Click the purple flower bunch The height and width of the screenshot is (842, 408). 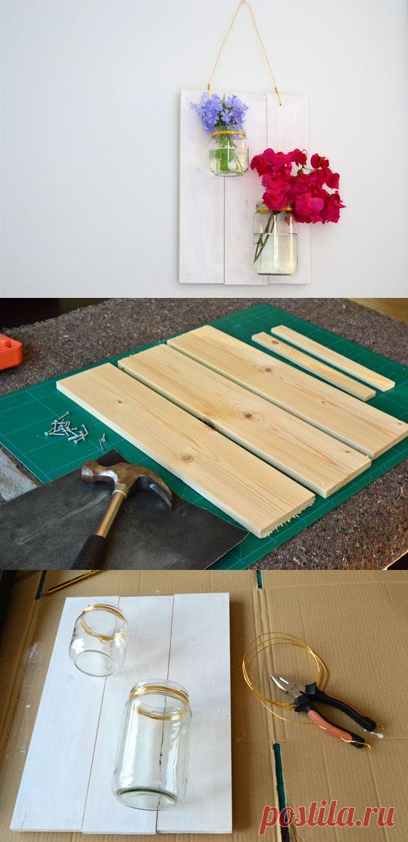(x=220, y=112)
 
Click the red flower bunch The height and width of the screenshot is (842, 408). (x=296, y=184)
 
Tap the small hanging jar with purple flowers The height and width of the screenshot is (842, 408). (x=228, y=153)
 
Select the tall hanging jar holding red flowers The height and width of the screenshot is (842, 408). (x=275, y=239)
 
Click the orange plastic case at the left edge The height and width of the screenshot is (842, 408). (x=10, y=351)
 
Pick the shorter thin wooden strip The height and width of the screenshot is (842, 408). (x=313, y=366)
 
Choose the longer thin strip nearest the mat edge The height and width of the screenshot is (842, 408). (x=333, y=358)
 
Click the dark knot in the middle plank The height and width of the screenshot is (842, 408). (x=248, y=416)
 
